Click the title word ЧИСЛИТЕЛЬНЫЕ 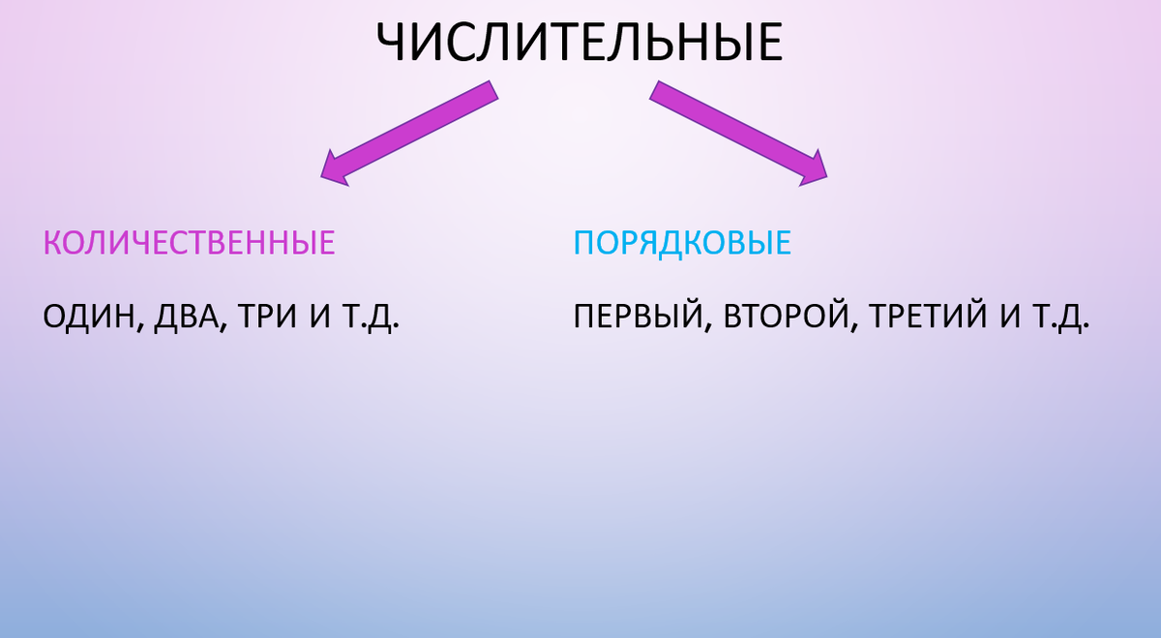tap(579, 43)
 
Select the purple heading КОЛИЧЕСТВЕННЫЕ tap(190, 242)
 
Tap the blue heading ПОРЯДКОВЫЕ tap(682, 242)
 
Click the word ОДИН tap(89, 318)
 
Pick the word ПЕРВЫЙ tap(630, 318)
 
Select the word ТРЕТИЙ tap(925, 318)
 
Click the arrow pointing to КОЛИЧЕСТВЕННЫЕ tap(410, 132)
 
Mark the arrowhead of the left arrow tap(334, 168)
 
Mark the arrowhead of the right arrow tap(813, 167)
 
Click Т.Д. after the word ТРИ tap(370, 318)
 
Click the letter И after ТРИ tap(321, 318)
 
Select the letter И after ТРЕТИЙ tap(1010, 318)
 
